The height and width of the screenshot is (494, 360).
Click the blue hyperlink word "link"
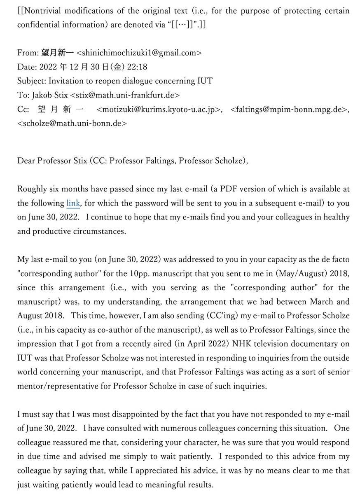pos(73,203)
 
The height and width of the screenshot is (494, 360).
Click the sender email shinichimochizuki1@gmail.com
pos(139,53)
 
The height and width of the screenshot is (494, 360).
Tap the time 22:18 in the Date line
pos(138,67)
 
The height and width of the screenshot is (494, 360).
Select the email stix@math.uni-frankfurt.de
pos(125,95)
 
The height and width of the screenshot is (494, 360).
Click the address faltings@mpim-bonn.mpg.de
pos(288,110)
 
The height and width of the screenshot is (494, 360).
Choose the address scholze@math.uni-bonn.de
pos(72,123)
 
